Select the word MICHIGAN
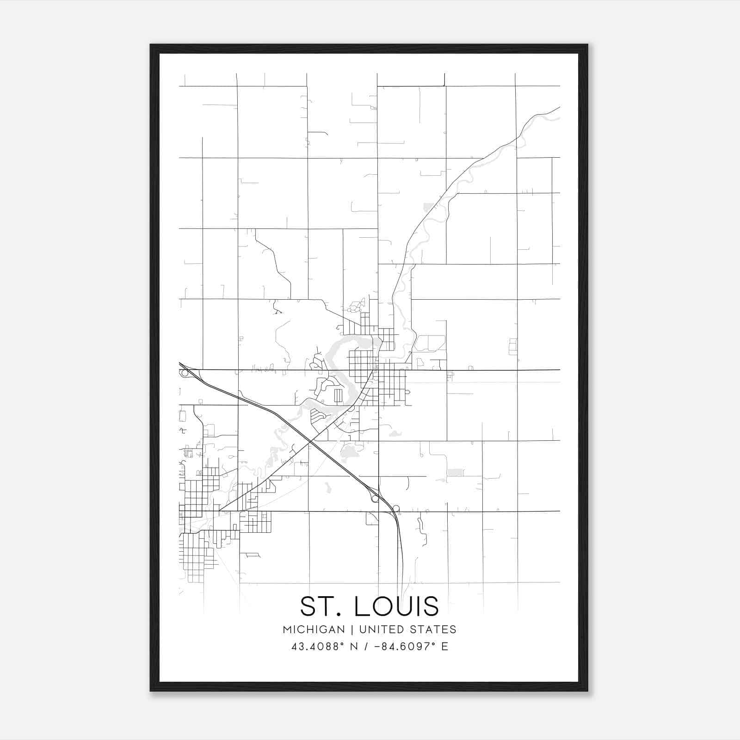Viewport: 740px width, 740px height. tap(314, 629)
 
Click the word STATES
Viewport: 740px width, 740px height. tap(435, 629)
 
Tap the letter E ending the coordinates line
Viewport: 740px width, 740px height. tap(445, 647)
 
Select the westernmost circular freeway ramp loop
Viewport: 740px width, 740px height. tap(185, 372)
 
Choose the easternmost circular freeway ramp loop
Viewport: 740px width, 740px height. tap(396, 509)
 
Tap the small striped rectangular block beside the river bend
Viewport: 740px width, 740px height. tap(338, 396)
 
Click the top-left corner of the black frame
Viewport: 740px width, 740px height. tap(151, 45)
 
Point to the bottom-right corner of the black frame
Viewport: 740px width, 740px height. tap(587, 691)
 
